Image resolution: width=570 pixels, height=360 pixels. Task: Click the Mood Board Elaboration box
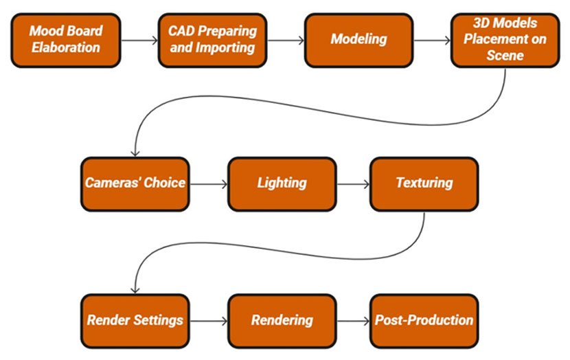(66, 41)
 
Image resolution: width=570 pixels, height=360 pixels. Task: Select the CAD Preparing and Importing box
(213, 41)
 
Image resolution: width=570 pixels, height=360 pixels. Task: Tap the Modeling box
(358, 41)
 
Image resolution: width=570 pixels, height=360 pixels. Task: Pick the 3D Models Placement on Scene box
(505, 41)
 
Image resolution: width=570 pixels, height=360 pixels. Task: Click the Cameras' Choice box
(135, 184)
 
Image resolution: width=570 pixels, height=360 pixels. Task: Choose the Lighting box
(282, 184)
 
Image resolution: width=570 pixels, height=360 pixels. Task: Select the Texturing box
(424, 184)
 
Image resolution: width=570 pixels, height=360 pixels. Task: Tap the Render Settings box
(135, 321)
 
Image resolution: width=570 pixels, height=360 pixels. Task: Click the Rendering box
(282, 321)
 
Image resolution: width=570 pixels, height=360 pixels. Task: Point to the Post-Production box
(424, 321)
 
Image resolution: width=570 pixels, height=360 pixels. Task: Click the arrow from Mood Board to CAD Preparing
(139, 41)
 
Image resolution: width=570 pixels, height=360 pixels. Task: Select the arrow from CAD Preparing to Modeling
(286, 41)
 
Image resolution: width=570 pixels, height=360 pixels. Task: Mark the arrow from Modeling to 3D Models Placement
(432, 41)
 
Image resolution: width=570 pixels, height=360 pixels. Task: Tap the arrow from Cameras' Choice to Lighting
(209, 184)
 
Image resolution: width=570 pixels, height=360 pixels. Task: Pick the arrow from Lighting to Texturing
(354, 184)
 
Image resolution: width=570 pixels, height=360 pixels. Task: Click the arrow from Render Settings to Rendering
(209, 321)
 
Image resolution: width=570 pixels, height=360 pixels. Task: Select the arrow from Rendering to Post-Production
(354, 321)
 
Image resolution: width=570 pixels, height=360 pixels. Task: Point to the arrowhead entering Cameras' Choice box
(135, 154)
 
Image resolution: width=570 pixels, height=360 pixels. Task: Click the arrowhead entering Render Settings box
(135, 291)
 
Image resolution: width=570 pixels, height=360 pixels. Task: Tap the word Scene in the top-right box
(505, 56)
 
